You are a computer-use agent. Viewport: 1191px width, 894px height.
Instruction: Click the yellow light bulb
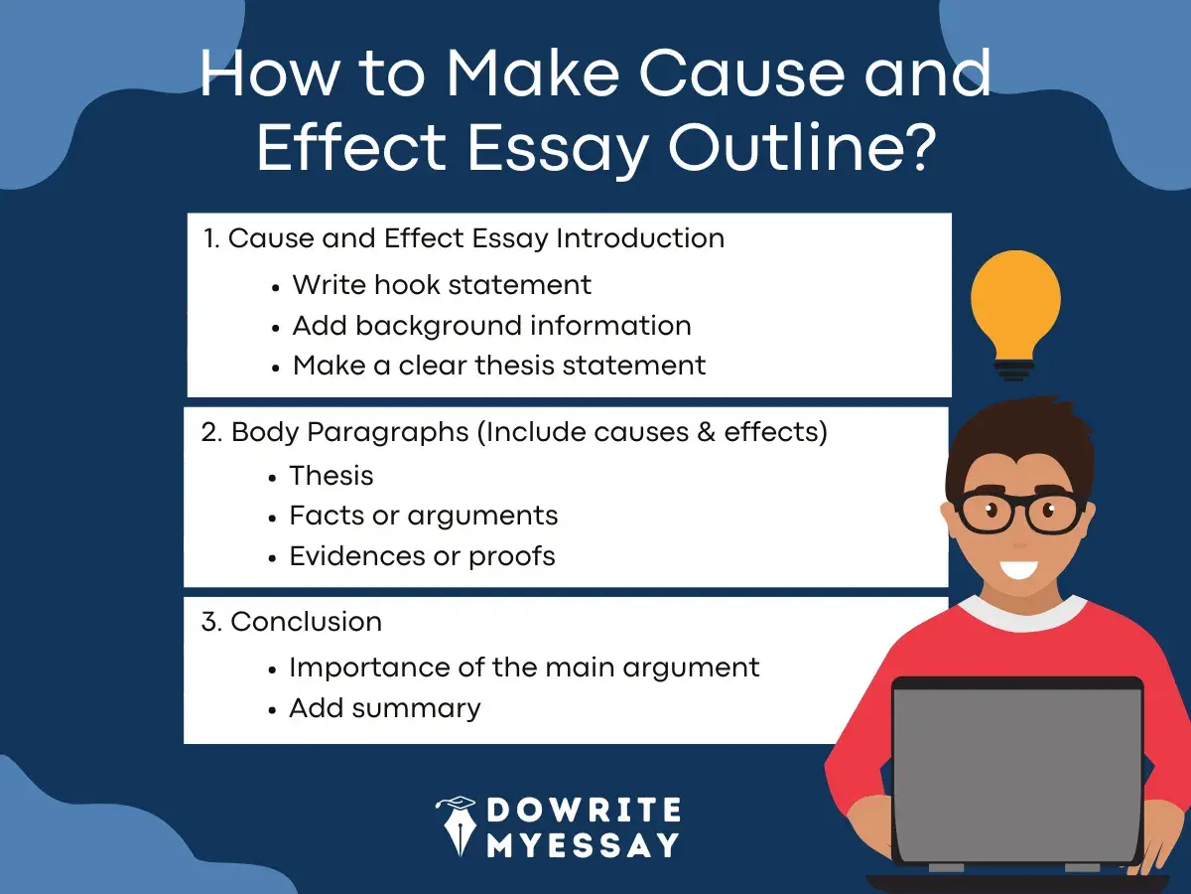click(1014, 302)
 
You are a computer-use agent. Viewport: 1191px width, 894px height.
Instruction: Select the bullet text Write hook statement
click(442, 285)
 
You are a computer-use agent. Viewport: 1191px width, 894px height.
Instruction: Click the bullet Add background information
click(491, 325)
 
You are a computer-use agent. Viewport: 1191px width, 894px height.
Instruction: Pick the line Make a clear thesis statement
click(499, 365)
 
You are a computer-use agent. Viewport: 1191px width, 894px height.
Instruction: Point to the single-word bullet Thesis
click(331, 476)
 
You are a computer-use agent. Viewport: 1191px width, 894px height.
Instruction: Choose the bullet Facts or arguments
click(424, 516)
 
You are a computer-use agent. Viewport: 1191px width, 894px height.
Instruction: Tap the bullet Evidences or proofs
click(422, 555)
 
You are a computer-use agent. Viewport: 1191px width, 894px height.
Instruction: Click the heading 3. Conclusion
click(292, 622)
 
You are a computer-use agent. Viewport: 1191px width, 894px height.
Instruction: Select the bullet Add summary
click(385, 708)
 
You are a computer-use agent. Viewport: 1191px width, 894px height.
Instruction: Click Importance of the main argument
click(524, 668)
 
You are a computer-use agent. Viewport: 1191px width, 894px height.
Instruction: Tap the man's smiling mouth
click(1017, 571)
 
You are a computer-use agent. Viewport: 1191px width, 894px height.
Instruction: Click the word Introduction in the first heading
click(639, 238)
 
